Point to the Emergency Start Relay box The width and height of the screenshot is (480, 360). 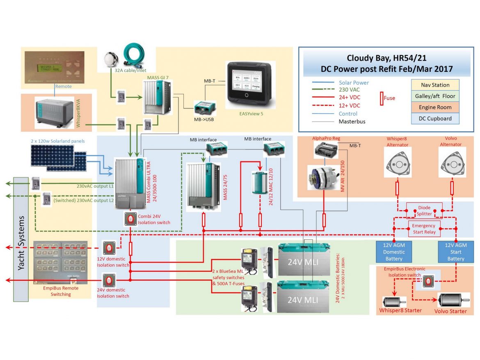tap(424, 228)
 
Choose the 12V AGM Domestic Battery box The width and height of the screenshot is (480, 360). tap(393, 251)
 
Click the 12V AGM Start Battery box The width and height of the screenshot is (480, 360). tap(455, 251)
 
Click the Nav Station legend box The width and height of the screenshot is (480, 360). tap(435, 85)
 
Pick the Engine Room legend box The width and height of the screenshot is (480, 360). tap(435, 107)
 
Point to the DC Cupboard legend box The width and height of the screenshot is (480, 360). tap(435, 118)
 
